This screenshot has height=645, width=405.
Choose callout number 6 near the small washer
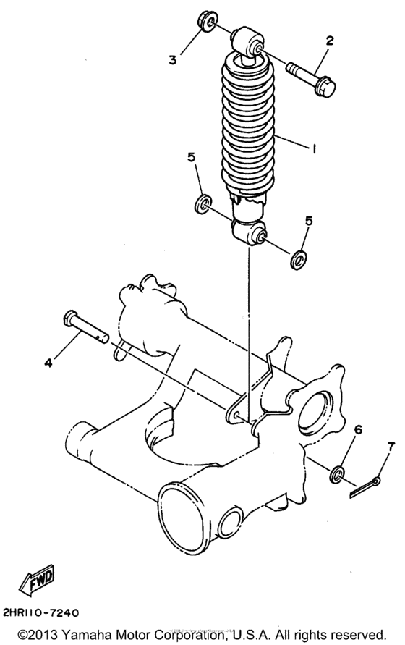[x=357, y=431]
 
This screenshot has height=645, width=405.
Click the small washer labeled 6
[x=337, y=476]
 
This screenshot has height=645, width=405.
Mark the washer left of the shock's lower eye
[x=202, y=203]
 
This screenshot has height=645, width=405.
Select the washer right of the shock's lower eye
[x=297, y=258]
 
